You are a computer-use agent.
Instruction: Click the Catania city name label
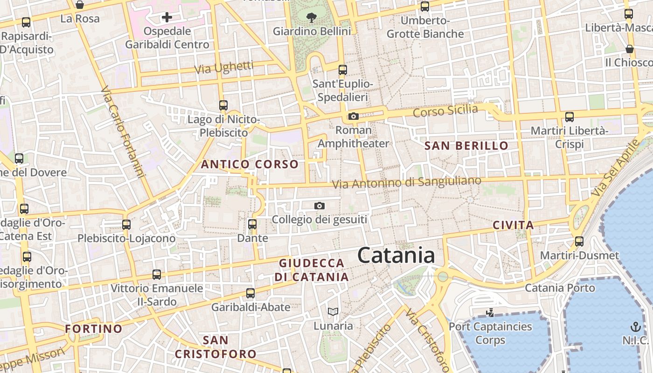coord(396,256)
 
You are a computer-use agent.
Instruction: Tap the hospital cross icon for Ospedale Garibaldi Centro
coord(167,18)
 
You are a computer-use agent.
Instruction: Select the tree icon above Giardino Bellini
coord(311,18)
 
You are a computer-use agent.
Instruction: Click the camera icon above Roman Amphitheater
coord(354,116)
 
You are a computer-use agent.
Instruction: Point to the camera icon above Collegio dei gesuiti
coord(320,206)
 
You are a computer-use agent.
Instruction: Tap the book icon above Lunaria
coord(333,311)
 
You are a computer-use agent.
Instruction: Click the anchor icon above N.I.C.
coord(635,326)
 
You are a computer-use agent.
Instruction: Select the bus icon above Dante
coord(252,224)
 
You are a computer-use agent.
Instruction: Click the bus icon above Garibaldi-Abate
coord(250,293)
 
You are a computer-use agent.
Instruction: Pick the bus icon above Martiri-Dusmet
coord(579,242)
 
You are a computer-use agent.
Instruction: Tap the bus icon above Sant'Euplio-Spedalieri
coord(343,70)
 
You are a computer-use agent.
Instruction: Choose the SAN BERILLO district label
coord(466,146)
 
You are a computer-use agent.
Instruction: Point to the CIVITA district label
coord(513,226)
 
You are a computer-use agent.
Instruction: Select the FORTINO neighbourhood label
coord(93,329)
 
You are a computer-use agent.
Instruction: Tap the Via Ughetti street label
coord(224,68)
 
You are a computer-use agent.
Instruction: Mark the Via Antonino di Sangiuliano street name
coord(406,182)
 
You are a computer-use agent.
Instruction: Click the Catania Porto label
coord(560,288)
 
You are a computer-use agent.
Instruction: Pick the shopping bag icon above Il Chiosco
coord(629,49)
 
